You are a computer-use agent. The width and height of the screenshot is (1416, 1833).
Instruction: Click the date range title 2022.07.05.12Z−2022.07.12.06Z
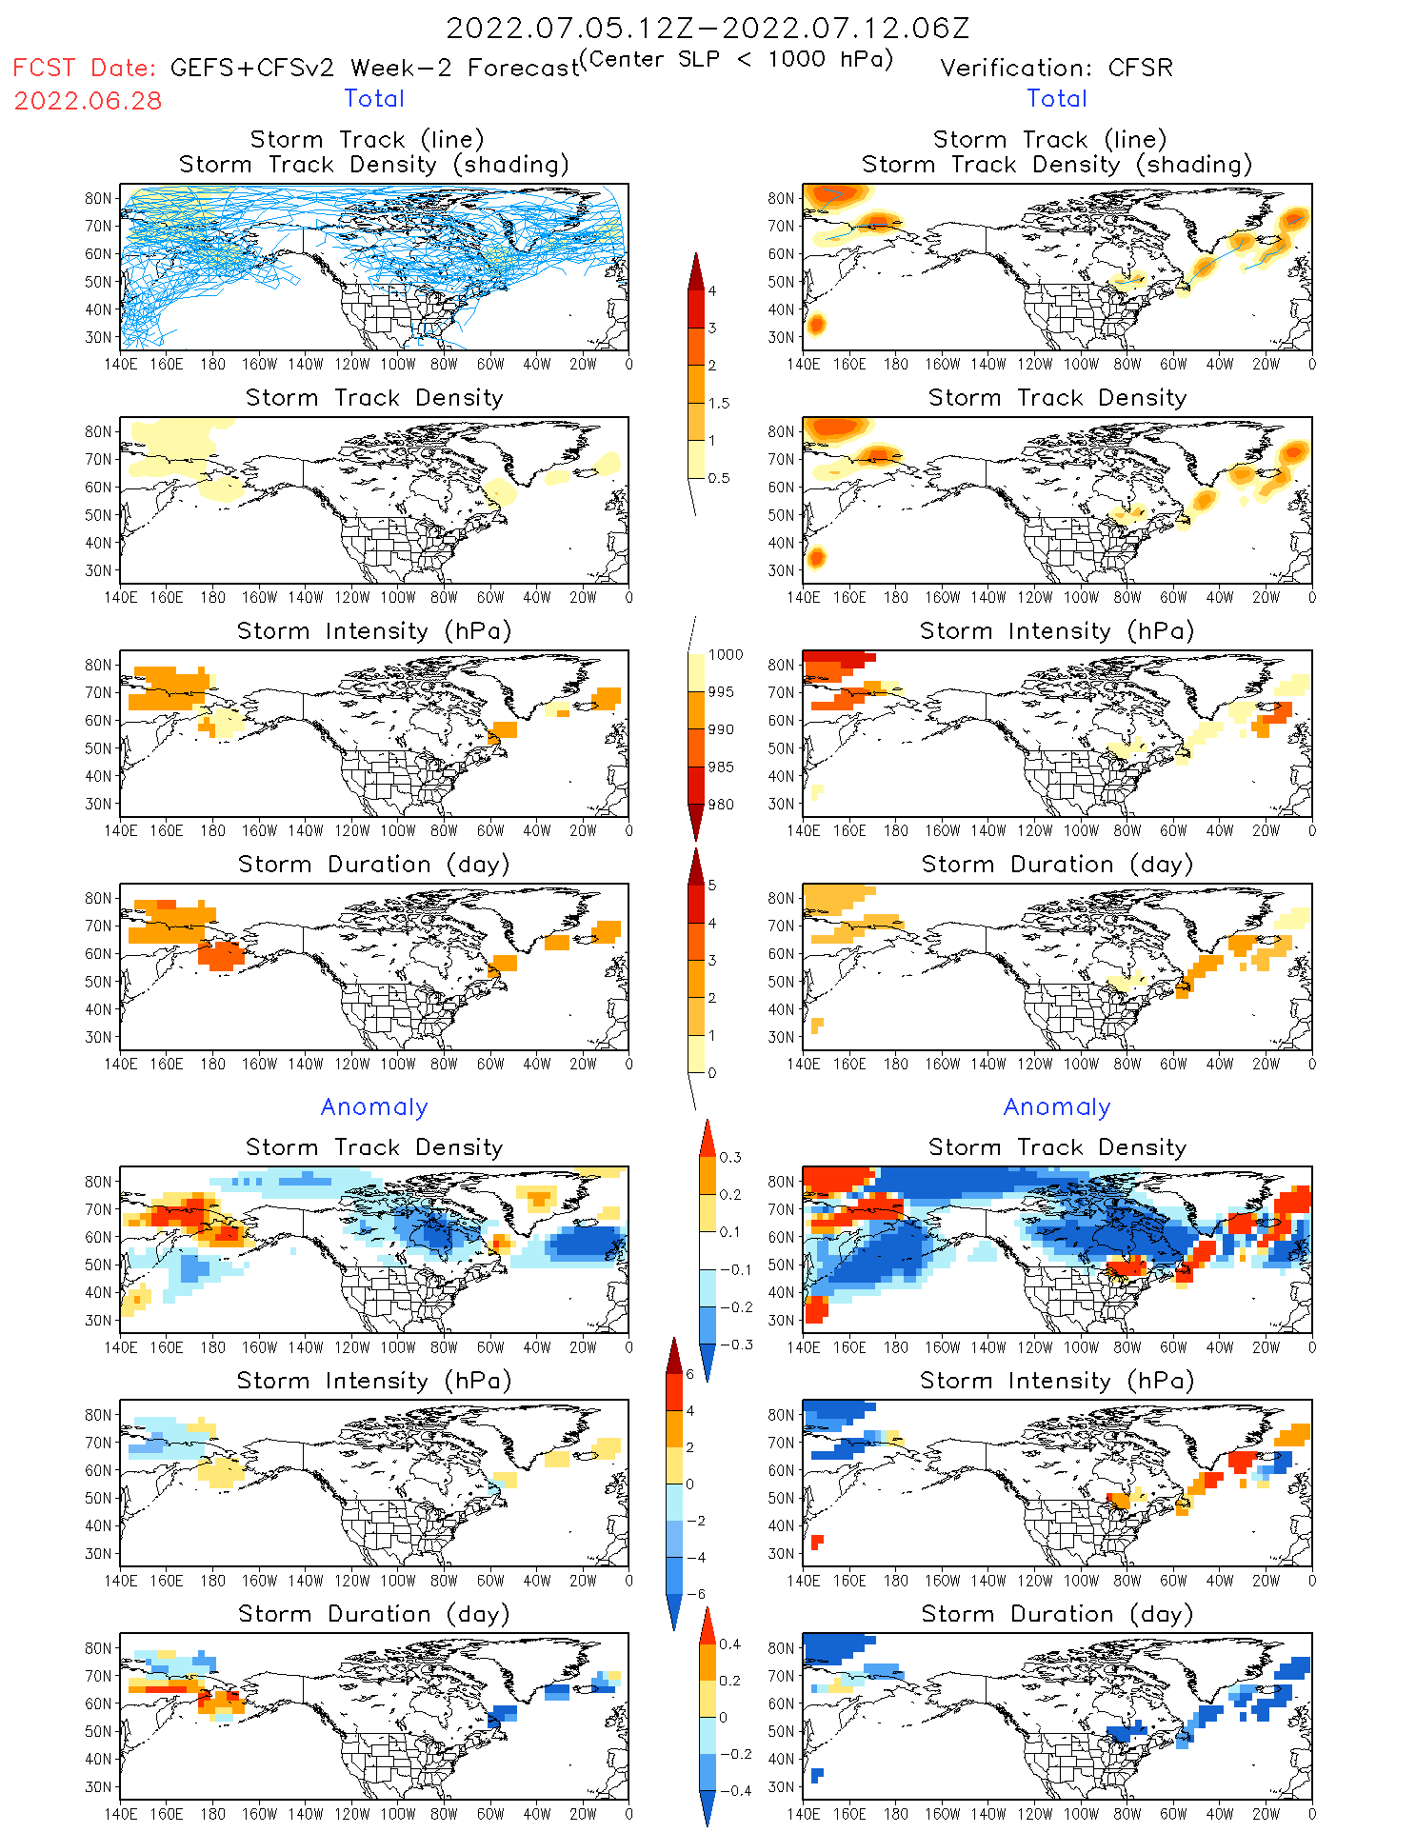(708, 28)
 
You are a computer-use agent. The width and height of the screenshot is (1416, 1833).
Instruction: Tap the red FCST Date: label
(84, 68)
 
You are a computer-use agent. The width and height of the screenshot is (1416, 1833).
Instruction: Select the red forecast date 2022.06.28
(88, 101)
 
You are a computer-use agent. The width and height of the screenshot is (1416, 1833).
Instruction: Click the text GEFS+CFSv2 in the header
(252, 68)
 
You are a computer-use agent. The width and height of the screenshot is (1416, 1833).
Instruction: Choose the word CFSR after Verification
(1140, 68)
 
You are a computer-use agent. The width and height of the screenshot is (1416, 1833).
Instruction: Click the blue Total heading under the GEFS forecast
(374, 98)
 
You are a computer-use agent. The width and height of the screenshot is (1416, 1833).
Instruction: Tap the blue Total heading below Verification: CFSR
(1056, 98)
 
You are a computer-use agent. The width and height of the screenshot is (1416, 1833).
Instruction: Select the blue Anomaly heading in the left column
(374, 1106)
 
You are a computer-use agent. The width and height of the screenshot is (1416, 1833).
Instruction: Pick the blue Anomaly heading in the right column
(1057, 1106)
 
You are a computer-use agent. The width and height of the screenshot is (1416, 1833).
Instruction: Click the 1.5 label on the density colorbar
(719, 403)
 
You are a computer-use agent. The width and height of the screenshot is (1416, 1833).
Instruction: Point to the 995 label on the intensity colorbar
(721, 692)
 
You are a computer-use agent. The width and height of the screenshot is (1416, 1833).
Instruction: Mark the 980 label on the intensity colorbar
(721, 805)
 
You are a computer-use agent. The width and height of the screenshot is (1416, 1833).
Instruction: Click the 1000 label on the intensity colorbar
(725, 654)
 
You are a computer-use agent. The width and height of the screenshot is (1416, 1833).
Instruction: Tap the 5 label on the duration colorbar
(712, 885)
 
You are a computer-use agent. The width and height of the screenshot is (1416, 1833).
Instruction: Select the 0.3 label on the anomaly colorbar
(729, 1157)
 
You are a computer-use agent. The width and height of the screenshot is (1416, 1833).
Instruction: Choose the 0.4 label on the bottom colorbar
(729, 1644)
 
